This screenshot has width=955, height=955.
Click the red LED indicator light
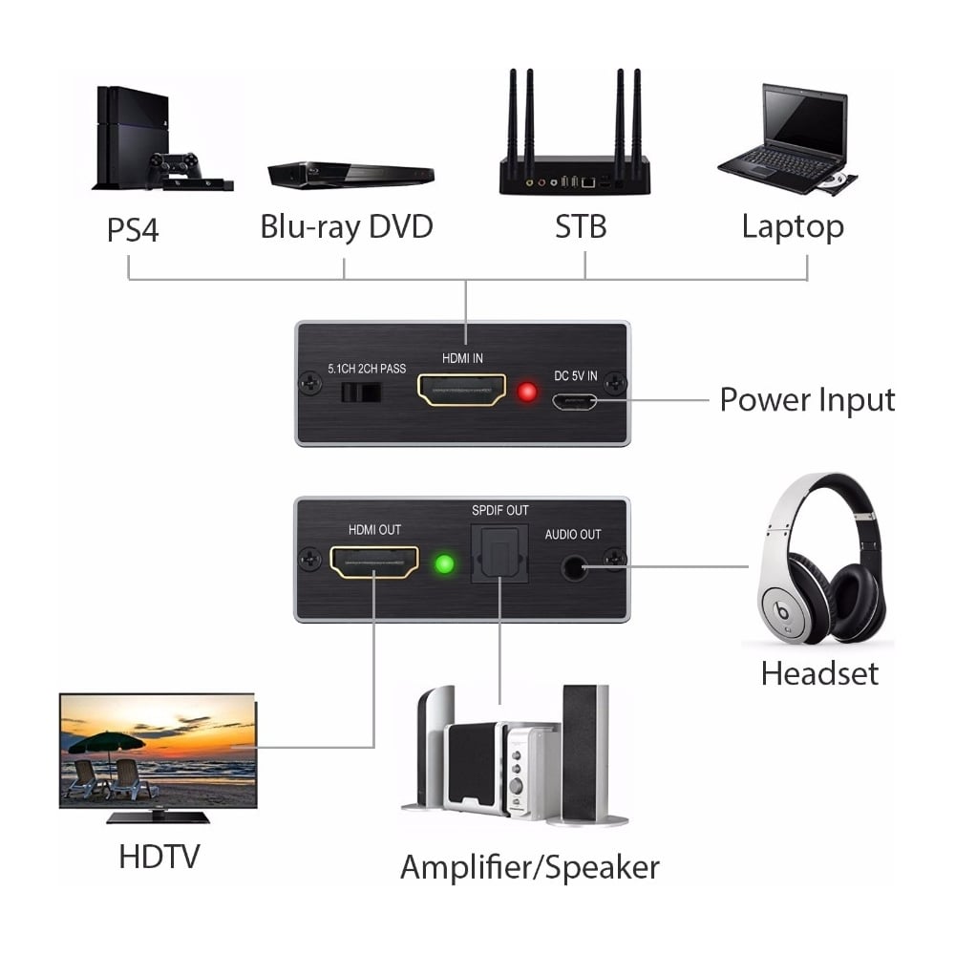point(527,393)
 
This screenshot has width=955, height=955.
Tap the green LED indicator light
point(445,563)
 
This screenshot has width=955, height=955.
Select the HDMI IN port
point(461,391)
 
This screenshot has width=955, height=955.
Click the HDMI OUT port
point(374,562)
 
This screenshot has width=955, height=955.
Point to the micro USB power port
point(574,402)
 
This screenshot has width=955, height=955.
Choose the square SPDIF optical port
point(499,554)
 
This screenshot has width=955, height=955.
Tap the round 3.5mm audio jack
point(573,567)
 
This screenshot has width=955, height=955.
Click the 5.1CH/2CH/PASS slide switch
point(361,393)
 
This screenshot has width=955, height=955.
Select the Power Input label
point(807,401)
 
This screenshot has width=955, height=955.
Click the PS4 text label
point(133,229)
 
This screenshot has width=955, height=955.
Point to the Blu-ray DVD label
point(347,227)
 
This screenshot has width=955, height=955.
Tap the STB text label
point(581,226)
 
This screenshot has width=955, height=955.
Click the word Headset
point(819,673)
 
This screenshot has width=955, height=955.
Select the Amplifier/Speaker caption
point(530,867)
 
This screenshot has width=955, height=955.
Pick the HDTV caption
point(159,857)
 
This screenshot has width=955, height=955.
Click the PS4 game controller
point(175,163)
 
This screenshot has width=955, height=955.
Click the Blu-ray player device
point(350,176)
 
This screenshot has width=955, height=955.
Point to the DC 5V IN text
point(576,375)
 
